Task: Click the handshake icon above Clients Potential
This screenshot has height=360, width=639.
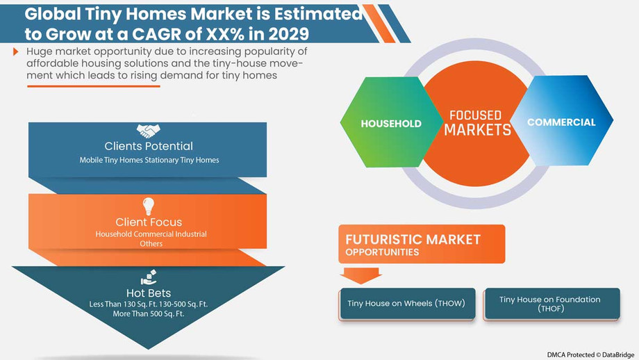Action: [x=148, y=131]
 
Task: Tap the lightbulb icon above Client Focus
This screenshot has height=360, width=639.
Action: [x=148, y=206]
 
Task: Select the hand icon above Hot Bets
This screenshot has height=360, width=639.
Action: [x=148, y=278]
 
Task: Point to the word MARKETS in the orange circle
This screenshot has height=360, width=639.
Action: [x=477, y=130]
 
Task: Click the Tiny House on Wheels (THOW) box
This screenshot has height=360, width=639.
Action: [x=407, y=304]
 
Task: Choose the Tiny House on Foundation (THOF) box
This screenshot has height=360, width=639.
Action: [x=550, y=304]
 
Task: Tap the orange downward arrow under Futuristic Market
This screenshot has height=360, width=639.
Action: [x=358, y=275]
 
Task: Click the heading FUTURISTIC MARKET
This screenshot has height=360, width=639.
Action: [x=413, y=240]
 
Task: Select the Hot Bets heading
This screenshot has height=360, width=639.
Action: [x=148, y=293]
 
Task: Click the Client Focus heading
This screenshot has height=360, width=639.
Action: [x=148, y=222]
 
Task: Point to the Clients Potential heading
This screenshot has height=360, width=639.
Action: [x=148, y=146]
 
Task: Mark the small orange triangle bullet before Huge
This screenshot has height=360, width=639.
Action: [x=16, y=52]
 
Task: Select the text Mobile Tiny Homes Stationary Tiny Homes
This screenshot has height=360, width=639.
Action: [x=148, y=160]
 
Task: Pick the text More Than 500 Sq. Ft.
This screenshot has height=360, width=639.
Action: [x=148, y=314]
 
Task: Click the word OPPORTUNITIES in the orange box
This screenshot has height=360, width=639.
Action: [x=382, y=252]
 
